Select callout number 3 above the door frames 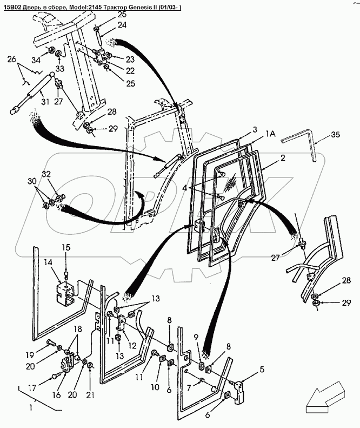254,130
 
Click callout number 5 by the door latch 262,370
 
